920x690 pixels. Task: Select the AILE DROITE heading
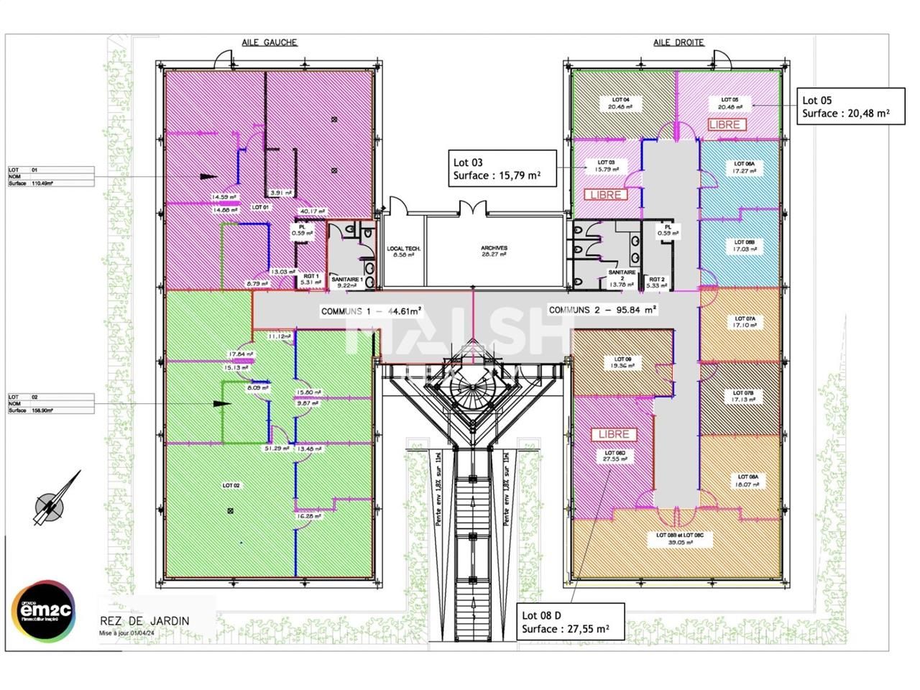(678, 42)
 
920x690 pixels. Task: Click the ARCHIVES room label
(494, 249)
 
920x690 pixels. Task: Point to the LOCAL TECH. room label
(403, 249)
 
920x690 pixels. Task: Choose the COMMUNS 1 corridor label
(370, 311)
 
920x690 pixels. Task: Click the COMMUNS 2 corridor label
(602, 310)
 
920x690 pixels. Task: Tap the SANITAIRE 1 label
(346, 279)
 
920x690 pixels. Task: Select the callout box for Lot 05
(850, 106)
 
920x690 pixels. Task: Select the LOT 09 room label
(622, 359)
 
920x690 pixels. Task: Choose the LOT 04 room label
(620, 100)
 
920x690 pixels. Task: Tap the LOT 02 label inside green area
(231, 485)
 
